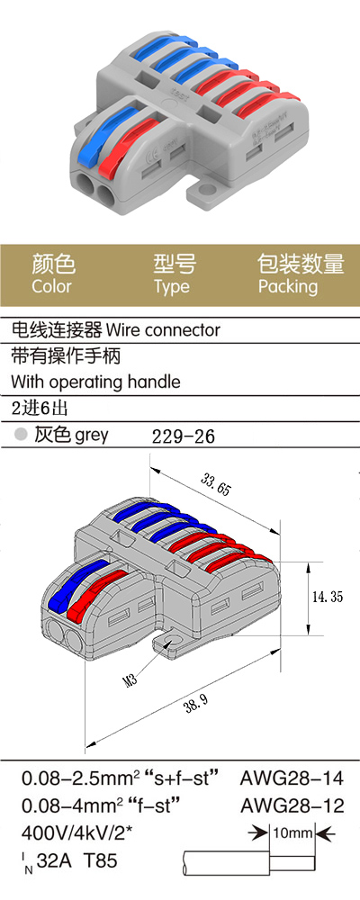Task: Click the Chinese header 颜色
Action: pyautogui.click(x=53, y=264)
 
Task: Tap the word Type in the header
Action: pyautogui.click(x=172, y=286)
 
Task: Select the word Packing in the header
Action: pyautogui.click(x=288, y=286)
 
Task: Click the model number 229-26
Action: pyautogui.click(x=184, y=436)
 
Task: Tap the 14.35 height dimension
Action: pyautogui.click(x=328, y=597)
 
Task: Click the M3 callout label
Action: pyautogui.click(x=130, y=681)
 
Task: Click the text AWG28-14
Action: pyautogui.click(x=292, y=778)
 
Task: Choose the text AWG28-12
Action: pyautogui.click(x=292, y=805)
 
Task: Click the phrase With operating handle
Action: pyautogui.click(x=95, y=382)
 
